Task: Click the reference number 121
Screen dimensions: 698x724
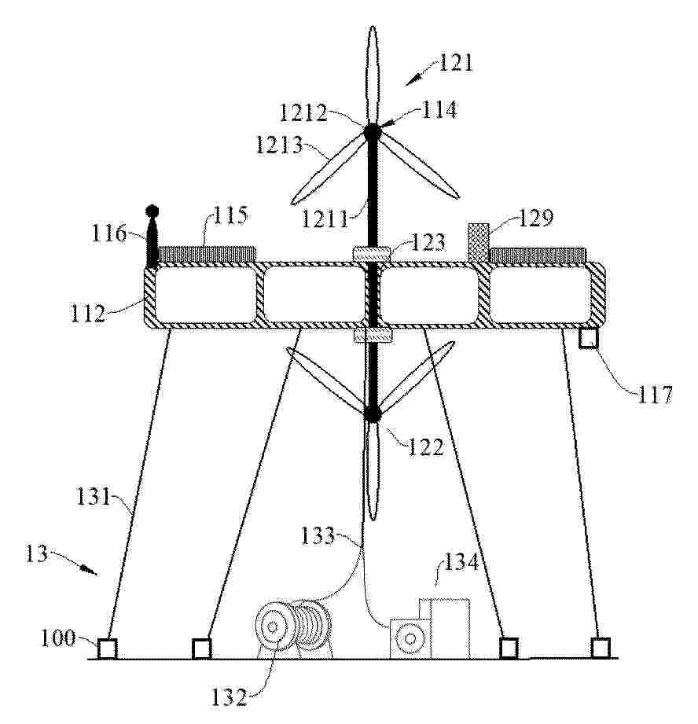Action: pyautogui.click(x=456, y=63)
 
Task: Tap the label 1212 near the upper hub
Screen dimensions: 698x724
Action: pyautogui.click(x=303, y=112)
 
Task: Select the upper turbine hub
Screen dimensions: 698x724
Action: pyautogui.click(x=372, y=132)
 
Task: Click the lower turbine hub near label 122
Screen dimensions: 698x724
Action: pyautogui.click(x=372, y=413)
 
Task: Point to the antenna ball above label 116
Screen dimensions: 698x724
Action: pyautogui.click(x=152, y=211)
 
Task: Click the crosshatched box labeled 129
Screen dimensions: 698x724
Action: pyautogui.click(x=478, y=243)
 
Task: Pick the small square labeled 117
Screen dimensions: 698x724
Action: pyautogui.click(x=589, y=339)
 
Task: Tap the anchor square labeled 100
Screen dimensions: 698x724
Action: pyautogui.click(x=107, y=649)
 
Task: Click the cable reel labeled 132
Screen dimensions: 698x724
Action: pyautogui.click(x=294, y=628)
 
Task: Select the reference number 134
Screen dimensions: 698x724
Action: pyautogui.click(x=461, y=563)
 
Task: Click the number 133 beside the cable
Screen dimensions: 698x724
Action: pyautogui.click(x=318, y=536)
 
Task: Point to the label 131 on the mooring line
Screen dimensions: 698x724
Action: pyautogui.click(x=94, y=497)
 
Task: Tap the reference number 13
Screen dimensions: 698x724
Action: pyautogui.click(x=36, y=553)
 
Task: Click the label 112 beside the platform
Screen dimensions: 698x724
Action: pyautogui.click(x=88, y=314)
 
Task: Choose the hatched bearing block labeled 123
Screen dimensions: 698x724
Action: pyautogui.click(x=372, y=253)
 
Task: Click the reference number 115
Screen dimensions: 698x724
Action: pyautogui.click(x=230, y=215)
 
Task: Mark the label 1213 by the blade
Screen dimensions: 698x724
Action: pyautogui.click(x=279, y=145)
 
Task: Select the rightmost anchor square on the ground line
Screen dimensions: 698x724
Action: pyautogui.click(x=601, y=648)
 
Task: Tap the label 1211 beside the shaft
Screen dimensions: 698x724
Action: pyautogui.click(x=325, y=219)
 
